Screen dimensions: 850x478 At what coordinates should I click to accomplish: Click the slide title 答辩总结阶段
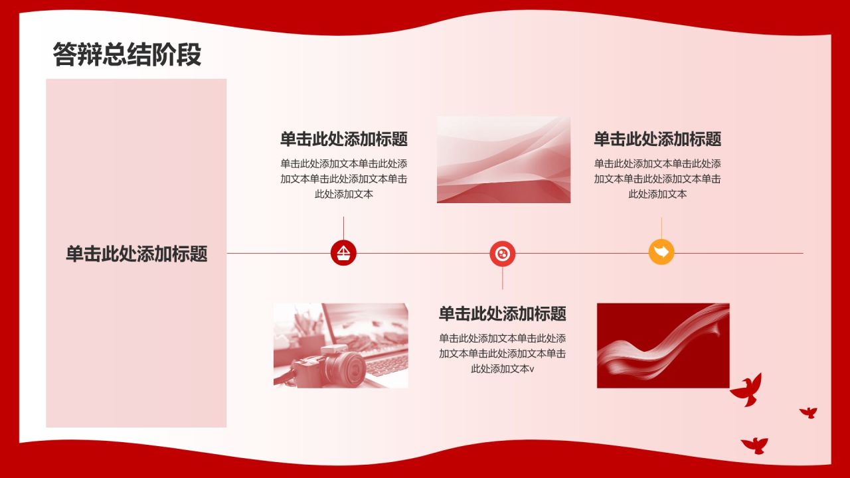click(x=127, y=54)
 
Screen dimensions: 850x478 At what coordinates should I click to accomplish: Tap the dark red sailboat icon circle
click(x=343, y=253)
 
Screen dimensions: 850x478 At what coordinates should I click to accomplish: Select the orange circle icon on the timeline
click(x=661, y=252)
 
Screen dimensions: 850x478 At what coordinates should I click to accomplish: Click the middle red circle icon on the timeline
click(x=503, y=254)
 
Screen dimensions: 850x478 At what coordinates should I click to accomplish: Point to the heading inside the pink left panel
click(x=137, y=254)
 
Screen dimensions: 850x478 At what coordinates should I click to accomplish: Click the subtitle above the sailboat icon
click(x=344, y=139)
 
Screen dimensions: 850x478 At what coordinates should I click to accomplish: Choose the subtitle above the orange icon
click(x=657, y=139)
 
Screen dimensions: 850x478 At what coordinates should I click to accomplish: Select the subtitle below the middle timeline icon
click(x=503, y=314)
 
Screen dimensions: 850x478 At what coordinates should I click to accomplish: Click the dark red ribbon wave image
click(x=663, y=346)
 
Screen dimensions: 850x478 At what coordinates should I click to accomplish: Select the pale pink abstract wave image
click(x=503, y=160)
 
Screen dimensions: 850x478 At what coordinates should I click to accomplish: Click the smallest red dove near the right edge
click(x=808, y=413)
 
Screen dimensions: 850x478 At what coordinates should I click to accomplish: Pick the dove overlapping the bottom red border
click(x=755, y=445)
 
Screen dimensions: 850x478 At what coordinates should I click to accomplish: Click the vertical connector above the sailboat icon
click(x=344, y=228)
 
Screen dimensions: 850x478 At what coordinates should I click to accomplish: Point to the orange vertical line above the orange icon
click(x=661, y=228)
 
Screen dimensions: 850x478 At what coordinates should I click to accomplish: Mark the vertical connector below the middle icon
click(x=503, y=278)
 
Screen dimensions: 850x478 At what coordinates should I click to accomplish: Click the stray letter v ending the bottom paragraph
click(x=532, y=369)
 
